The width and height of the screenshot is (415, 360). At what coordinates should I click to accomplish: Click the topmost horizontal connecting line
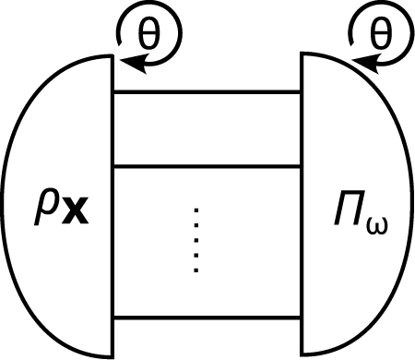pos(207,91)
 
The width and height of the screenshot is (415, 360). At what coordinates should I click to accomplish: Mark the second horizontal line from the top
pos(207,164)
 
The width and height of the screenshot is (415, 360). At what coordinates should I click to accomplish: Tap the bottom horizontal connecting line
pos(207,318)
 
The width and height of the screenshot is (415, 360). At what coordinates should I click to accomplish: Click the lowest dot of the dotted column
pos(196,270)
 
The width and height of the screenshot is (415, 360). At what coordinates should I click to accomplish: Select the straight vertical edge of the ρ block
pos(113,203)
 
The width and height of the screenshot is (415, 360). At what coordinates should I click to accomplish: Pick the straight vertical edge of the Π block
pos(302,203)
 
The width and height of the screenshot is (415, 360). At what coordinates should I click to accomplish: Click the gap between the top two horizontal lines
pos(207,127)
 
